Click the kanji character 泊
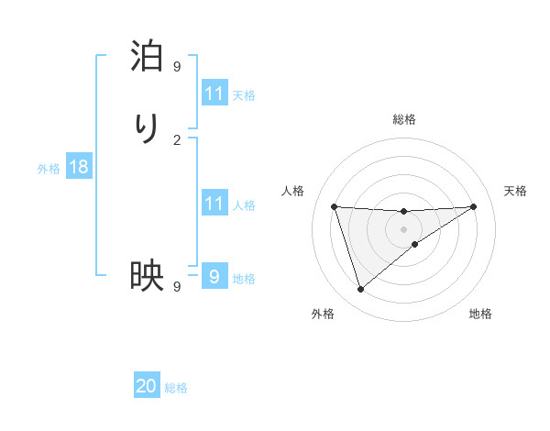tap(147, 57)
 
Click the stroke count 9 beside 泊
tap(177, 67)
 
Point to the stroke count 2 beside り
tap(177, 139)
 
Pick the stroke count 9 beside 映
tap(177, 286)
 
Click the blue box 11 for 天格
tap(214, 94)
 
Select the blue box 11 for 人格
tap(214, 204)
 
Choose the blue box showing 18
tap(79, 167)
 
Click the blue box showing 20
tap(147, 386)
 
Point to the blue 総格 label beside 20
tap(176, 388)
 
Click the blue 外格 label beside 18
tap(49, 169)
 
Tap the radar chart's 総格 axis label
tap(404, 119)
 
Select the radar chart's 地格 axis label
tap(480, 314)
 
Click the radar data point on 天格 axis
tap(473, 206)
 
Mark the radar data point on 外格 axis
tap(360, 290)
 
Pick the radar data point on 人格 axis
tap(335, 206)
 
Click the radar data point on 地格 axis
tap(415, 244)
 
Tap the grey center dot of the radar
tap(404, 228)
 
